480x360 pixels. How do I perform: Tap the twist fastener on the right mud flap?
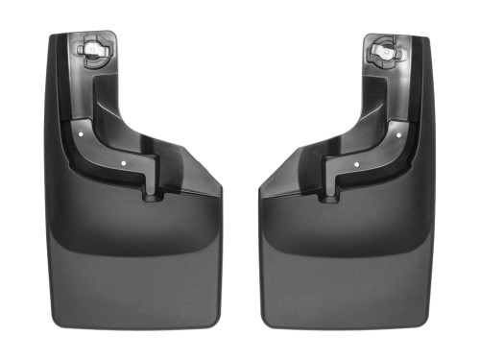point(382,50)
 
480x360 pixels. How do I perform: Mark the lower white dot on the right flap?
point(355,163)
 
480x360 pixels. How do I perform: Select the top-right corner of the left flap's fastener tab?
point(115,34)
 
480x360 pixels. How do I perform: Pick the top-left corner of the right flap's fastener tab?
point(365,34)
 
